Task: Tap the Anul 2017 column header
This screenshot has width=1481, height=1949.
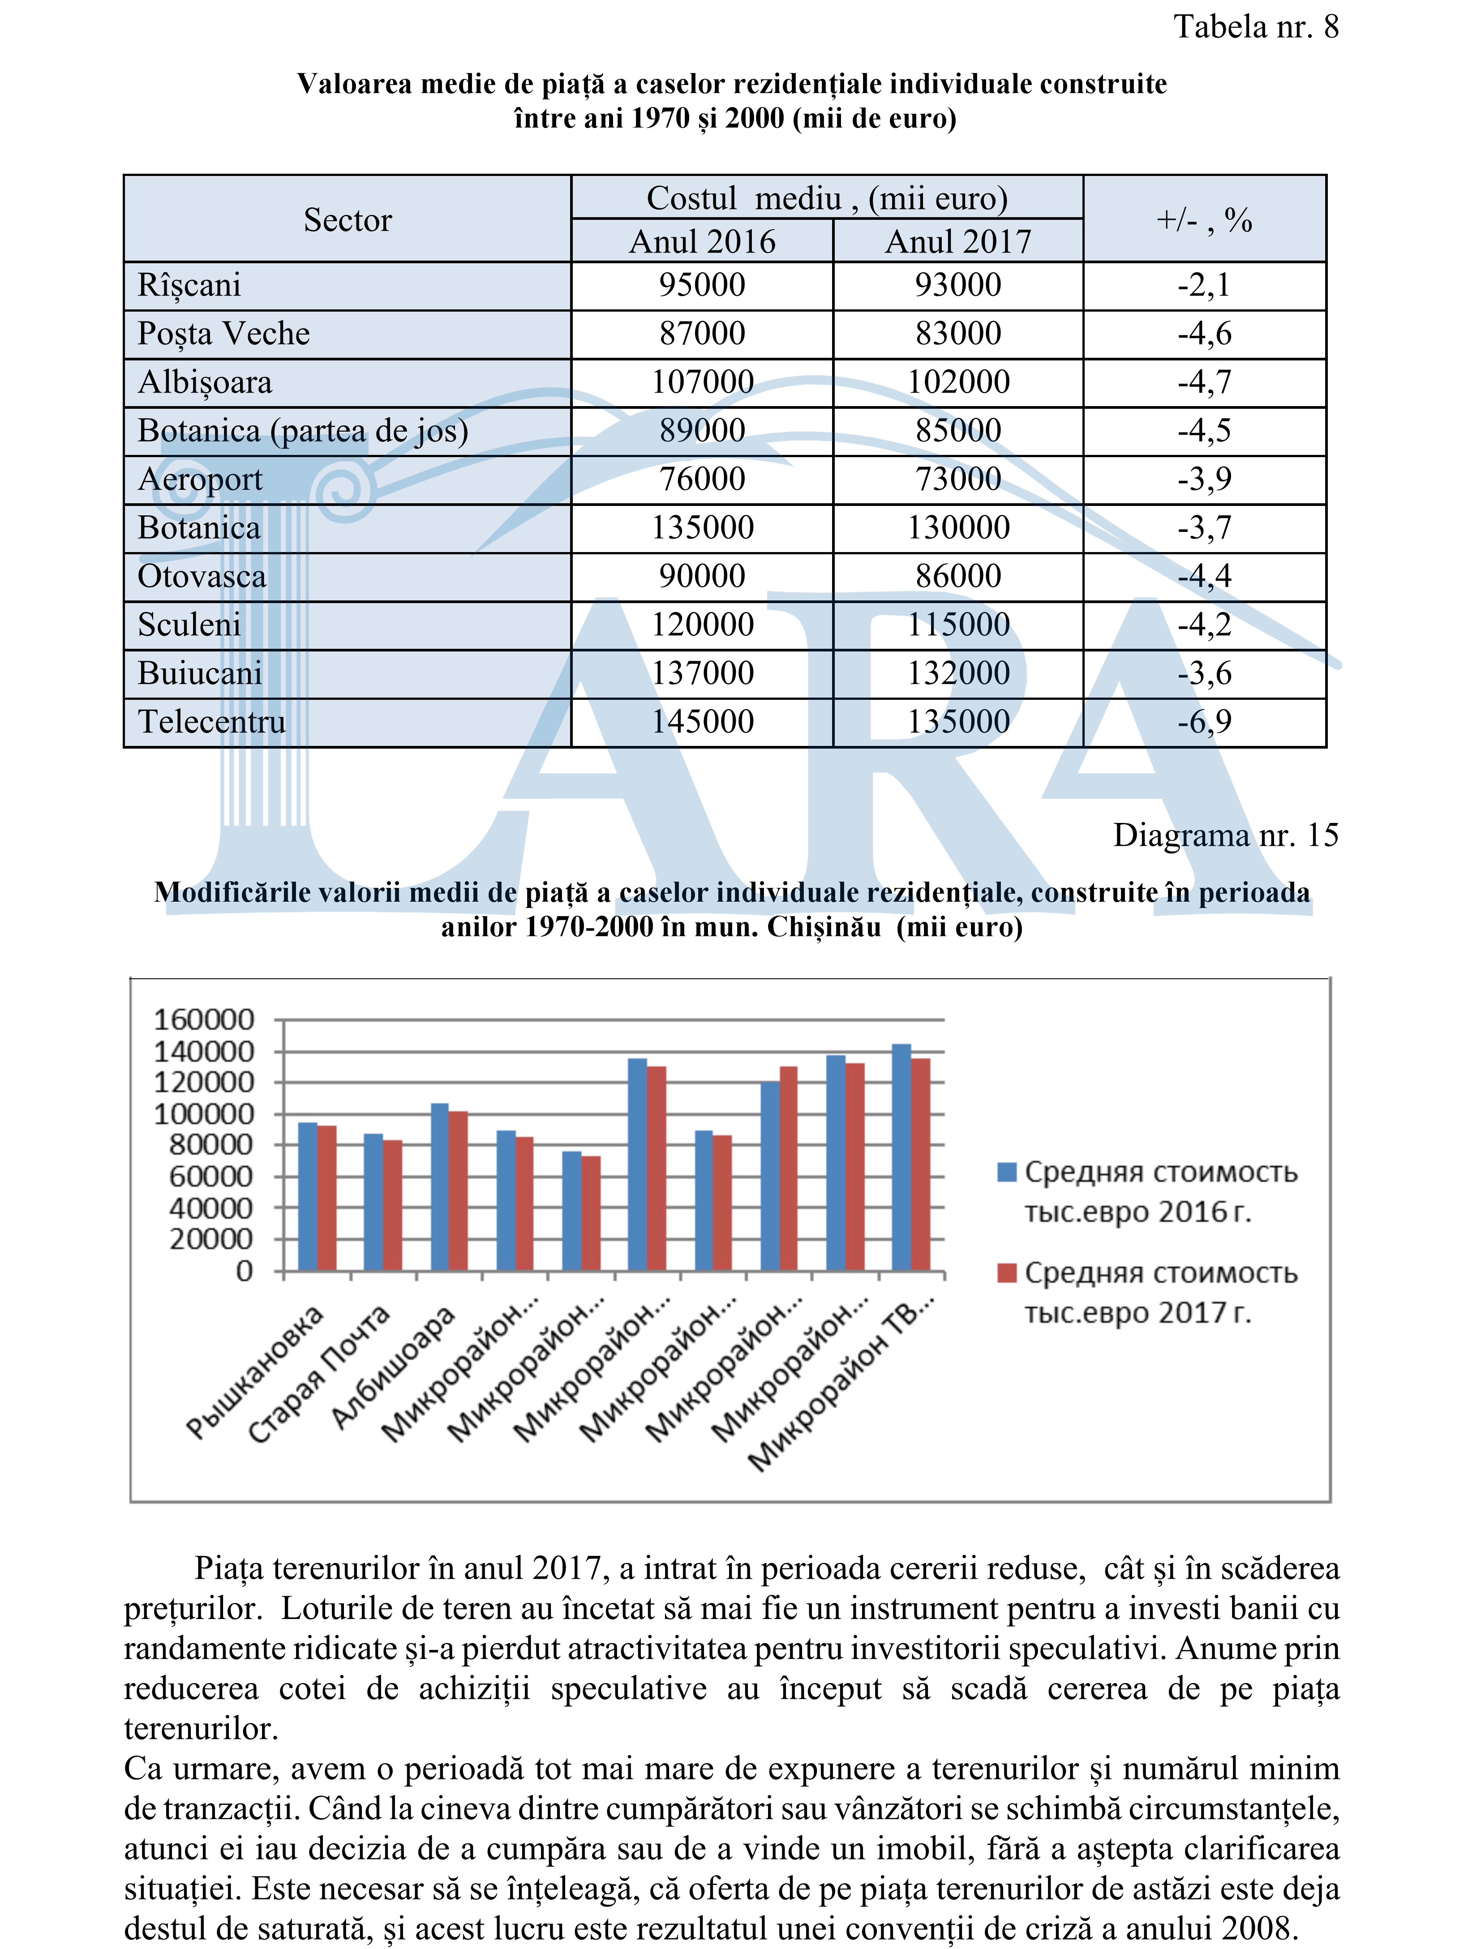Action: click(x=958, y=241)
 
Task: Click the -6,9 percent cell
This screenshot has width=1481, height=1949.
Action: click(x=1204, y=722)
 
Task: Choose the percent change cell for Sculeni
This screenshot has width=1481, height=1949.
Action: click(x=1204, y=625)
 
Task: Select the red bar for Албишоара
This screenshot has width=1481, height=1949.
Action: click(x=459, y=1191)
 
